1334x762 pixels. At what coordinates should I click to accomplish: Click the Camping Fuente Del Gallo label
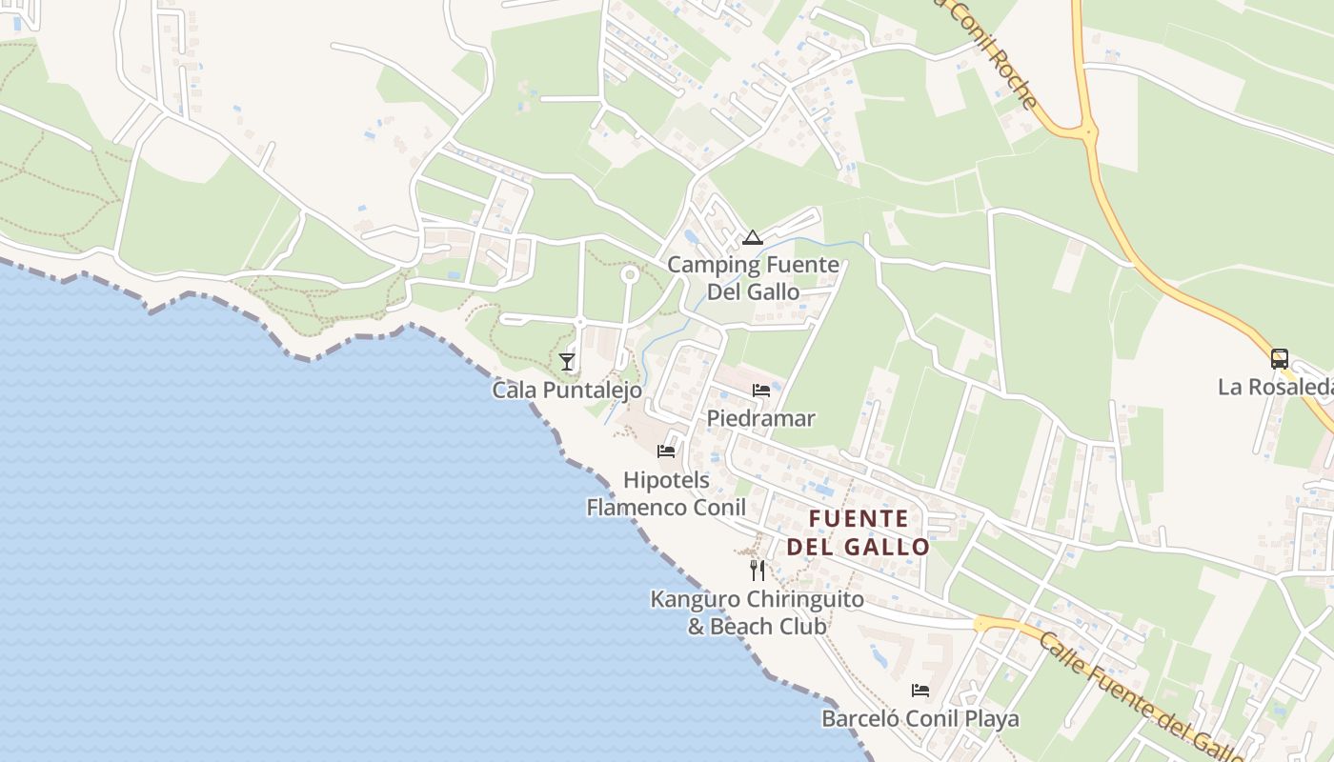click(753, 278)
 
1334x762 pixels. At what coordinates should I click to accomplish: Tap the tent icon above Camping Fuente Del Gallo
click(753, 237)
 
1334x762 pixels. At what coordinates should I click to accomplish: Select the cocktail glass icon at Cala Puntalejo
click(567, 362)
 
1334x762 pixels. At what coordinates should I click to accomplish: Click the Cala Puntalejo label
click(567, 391)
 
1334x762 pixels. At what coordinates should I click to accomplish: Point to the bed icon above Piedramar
click(760, 390)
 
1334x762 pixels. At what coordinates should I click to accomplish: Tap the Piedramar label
click(760, 418)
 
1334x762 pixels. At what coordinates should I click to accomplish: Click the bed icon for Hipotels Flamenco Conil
click(666, 451)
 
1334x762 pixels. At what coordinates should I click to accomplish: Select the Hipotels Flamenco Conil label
click(666, 493)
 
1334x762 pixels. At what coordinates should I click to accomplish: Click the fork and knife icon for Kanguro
click(758, 571)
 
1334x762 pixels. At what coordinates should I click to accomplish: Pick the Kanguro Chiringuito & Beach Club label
click(758, 612)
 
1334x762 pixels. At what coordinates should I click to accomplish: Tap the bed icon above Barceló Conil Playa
click(920, 690)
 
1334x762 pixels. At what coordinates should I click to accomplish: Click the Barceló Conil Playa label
click(920, 718)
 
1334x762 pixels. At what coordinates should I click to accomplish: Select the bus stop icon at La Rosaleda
click(1280, 359)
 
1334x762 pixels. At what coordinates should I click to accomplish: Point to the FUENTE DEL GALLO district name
click(858, 532)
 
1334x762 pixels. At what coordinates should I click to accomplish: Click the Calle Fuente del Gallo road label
click(1139, 695)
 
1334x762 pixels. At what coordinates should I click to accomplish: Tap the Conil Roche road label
click(986, 52)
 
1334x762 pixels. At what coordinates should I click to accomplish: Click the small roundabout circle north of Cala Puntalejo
click(629, 275)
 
